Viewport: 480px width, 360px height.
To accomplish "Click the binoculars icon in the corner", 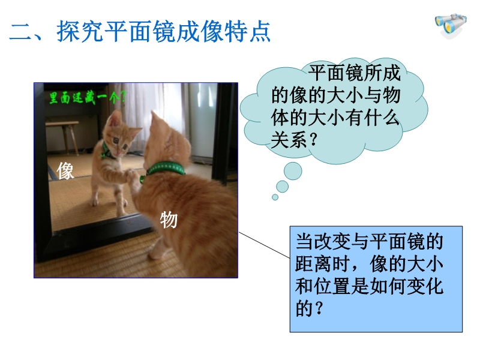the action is pyautogui.click(x=451, y=25).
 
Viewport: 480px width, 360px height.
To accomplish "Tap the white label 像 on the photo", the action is pyautogui.click(x=65, y=170).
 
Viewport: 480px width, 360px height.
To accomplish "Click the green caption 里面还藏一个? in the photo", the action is pyautogui.click(x=88, y=98).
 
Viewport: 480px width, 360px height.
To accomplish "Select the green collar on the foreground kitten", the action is pyautogui.click(x=166, y=169).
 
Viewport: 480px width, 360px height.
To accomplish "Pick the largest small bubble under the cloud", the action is pyautogui.click(x=293, y=171).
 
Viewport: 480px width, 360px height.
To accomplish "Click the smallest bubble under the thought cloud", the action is pyautogui.click(x=275, y=197).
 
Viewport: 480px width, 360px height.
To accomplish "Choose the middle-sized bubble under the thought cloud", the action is pyautogui.click(x=282, y=187).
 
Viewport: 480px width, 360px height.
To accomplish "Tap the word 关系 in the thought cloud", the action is pyautogui.click(x=289, y=140).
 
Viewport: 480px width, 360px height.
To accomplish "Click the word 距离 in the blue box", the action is pyautogui.click(x=313, y=263).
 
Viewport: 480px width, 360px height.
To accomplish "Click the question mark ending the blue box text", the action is pyautogui.click(x=319, y=308).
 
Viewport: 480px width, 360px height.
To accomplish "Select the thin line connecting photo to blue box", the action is pyautogui.click(x=264, y=245).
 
